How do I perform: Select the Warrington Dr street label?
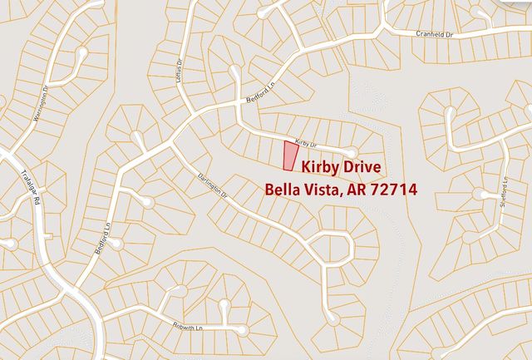(40, 104)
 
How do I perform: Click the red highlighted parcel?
(289, 156)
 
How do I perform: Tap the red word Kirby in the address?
(319, 167)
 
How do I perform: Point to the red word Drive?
(362, 167)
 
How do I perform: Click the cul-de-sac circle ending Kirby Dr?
(352, 152)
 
